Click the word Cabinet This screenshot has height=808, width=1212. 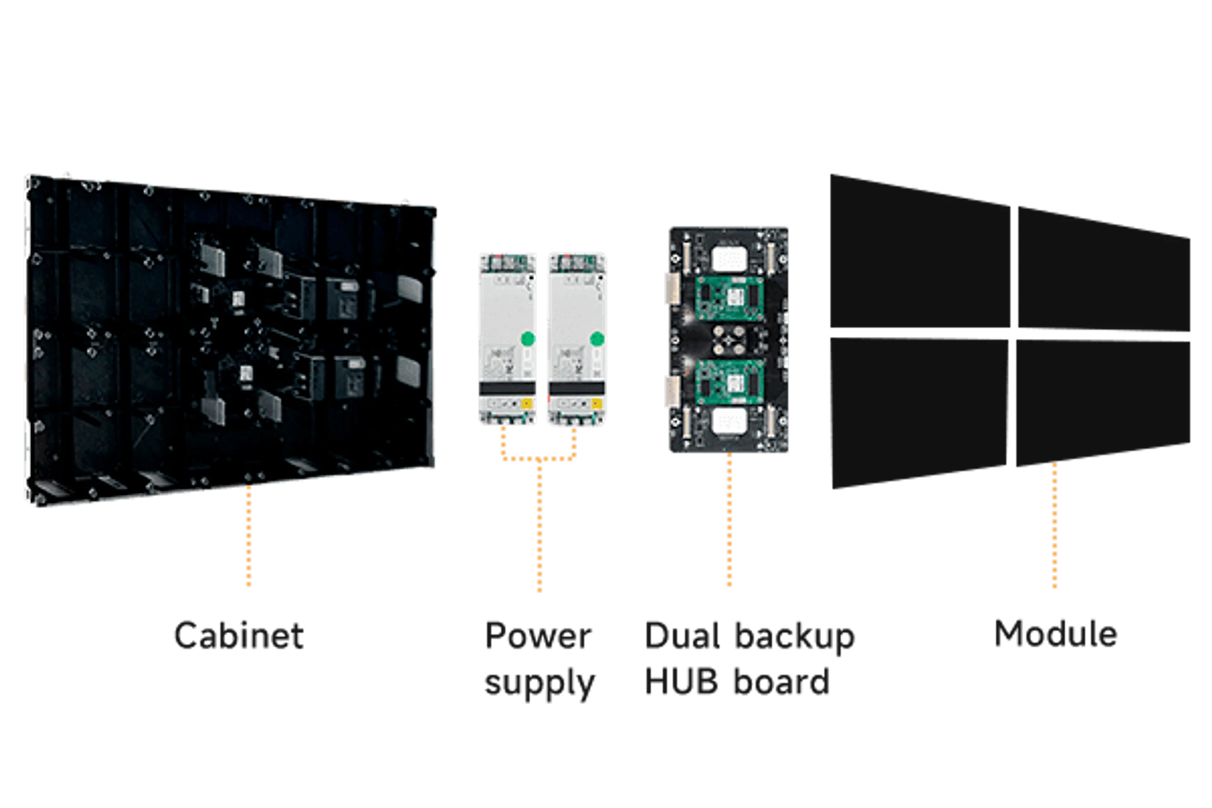240,636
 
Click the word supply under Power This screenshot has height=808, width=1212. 540,682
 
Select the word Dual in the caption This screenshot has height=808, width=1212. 682,636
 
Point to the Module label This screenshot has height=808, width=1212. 1055,634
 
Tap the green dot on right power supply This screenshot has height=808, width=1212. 597,339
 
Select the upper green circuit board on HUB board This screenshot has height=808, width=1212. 730,296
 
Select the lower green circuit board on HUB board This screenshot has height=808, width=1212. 730,385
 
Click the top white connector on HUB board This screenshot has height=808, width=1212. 730,258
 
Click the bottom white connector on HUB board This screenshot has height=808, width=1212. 730,421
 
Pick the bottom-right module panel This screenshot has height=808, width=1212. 1102,404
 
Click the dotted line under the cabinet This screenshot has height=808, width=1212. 249,537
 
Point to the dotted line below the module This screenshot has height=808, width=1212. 1055,527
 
